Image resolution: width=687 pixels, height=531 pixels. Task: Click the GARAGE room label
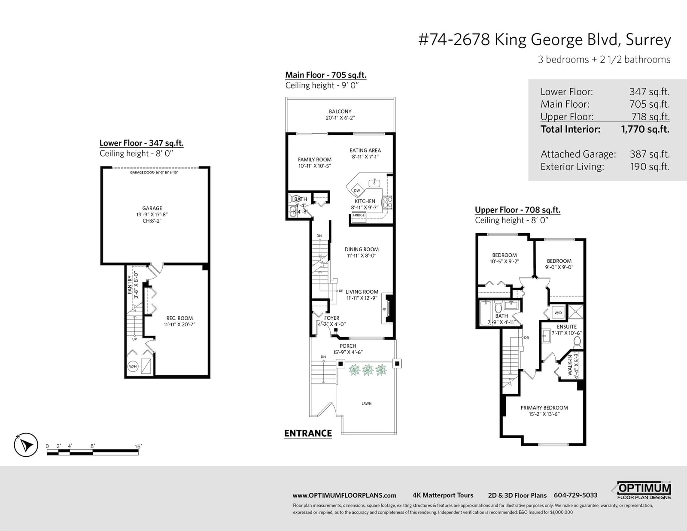pos(152,208)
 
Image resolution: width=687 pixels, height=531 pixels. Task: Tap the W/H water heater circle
pos(133,366)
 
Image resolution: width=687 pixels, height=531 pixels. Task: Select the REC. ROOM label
pos(179,318)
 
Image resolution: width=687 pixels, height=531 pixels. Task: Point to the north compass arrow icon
pos(26,445)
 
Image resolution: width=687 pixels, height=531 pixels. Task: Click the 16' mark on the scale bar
pos(138,446)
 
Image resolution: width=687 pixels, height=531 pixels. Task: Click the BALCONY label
pos(340,112)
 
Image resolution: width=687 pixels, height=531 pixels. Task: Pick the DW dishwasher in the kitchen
pos(357,191)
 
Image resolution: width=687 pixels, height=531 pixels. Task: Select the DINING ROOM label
pos(362,249)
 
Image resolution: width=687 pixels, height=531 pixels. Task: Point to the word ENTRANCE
pos(308,433)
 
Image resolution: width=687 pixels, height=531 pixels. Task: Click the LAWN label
pos(366,404)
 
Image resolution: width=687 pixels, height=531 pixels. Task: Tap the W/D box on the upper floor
pos(558,313)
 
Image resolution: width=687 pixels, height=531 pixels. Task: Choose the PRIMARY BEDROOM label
pos(544,408)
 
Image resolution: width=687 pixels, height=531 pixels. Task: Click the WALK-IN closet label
pos(570,365)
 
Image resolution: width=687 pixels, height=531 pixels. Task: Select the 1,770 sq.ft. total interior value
pos(645,129)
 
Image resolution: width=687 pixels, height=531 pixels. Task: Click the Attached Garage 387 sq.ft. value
pos(650,154)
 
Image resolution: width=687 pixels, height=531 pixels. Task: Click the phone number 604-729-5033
pos(575,495)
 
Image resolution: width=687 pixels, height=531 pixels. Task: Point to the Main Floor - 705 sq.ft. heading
pos(325,75)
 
